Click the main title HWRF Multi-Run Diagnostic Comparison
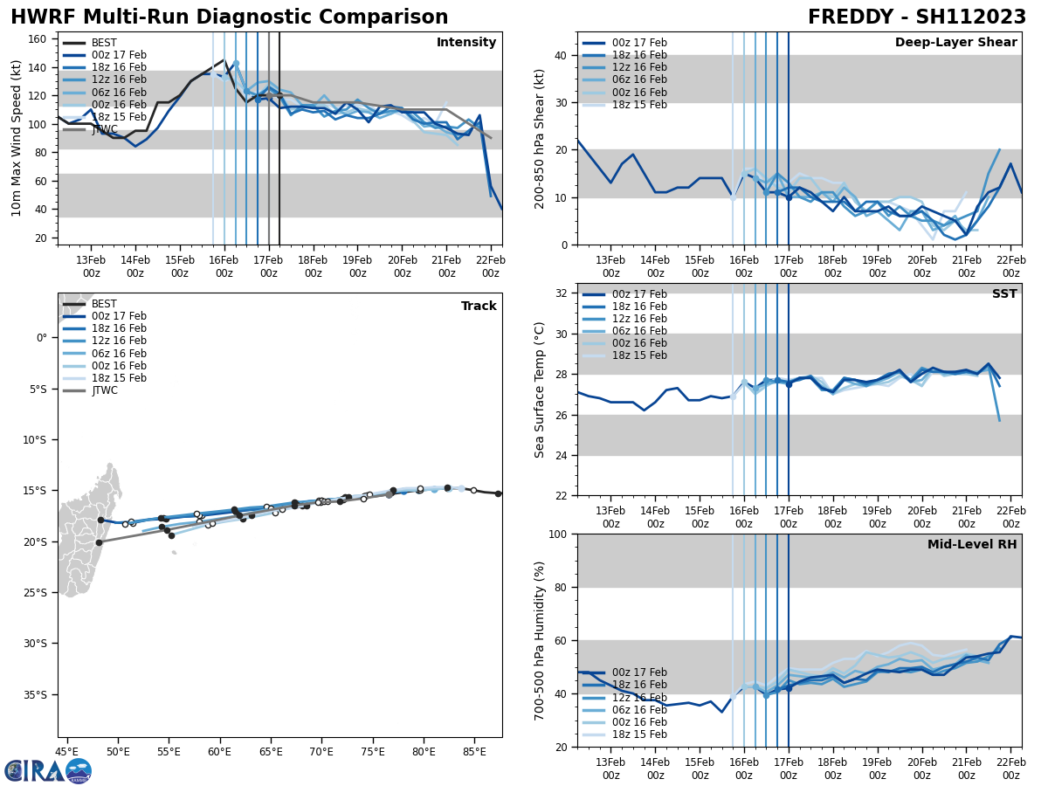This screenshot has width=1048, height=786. [x=229, y=17]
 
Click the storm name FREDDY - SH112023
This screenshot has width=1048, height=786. [x=916, y=17]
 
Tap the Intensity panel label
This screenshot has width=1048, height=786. [x=466, y=43]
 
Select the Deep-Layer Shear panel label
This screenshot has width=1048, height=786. [x=955, y=43]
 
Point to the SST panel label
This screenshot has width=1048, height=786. [x=1004, y=294]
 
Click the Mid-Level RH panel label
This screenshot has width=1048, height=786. [x=972, y=545]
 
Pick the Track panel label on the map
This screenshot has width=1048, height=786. [x=479, y=307]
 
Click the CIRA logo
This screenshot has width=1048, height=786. [x=48, y=771]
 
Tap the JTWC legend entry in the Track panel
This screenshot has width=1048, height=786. [x=104, y=390]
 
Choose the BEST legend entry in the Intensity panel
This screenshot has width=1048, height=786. [x=104, y=43]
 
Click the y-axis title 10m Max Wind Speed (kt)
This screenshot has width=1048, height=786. [x=17, y=138]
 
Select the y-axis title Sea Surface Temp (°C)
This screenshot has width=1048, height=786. [x=541, y=390]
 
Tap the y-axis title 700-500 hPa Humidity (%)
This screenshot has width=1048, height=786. [x=541, y=641]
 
